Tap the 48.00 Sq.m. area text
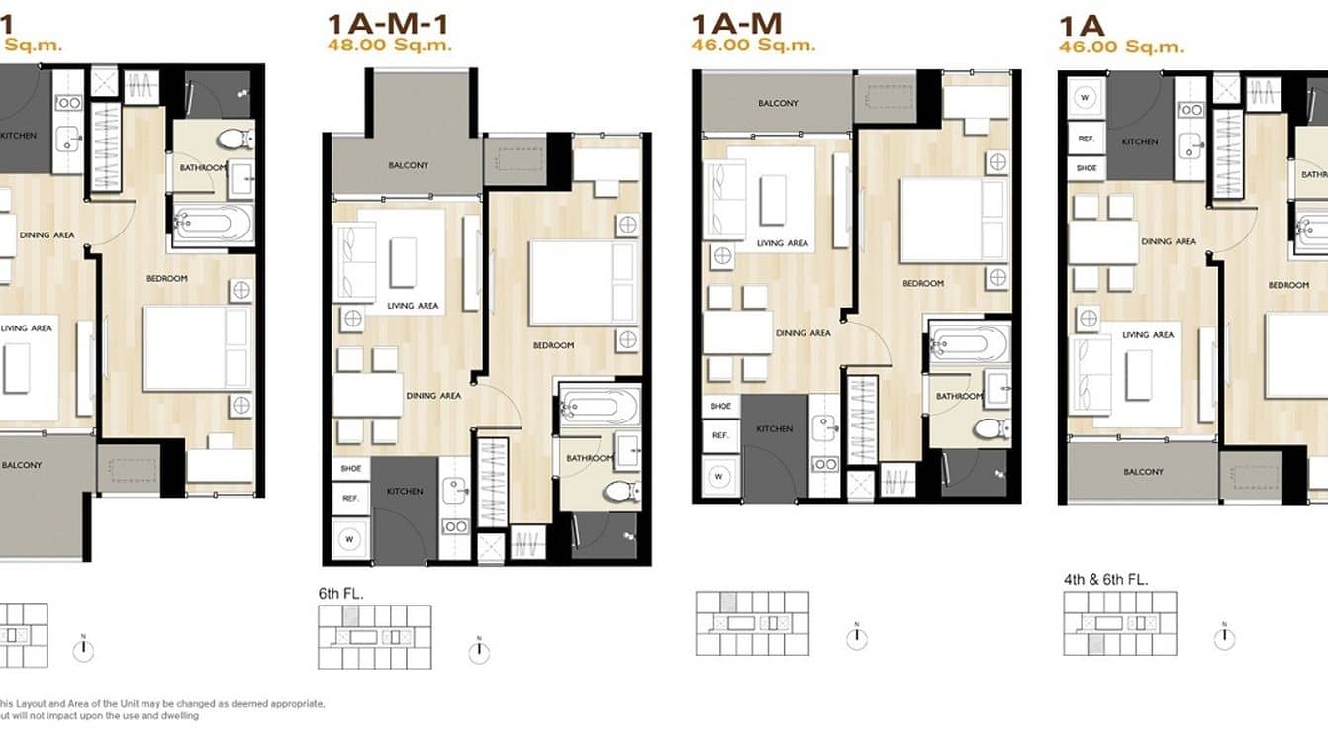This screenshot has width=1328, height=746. [x=390, y=45]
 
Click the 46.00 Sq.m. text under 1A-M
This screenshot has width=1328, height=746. [x=754, y=45]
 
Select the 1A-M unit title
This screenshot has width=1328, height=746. [x=736, y=24]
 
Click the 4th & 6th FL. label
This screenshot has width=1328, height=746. [x=1105, y=579]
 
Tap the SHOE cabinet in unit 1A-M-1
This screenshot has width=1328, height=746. [x=349, y=469]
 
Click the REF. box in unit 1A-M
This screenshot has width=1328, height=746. [x=719, y=435]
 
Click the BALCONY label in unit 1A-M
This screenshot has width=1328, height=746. [x=777, y=103]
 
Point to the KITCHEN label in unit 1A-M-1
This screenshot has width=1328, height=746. [x=405, y=491]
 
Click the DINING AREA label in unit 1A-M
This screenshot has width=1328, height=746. [x=803, y=333]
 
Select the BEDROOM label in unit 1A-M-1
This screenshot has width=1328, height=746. [x=553, y=345]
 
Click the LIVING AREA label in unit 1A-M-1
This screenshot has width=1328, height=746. [x=413, y=306]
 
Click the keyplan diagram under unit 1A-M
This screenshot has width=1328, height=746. [x=752, y=623]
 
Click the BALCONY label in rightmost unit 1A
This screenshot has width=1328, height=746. [x=1143, y=472]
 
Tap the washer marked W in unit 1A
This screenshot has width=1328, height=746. [x=1085, y=98]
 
